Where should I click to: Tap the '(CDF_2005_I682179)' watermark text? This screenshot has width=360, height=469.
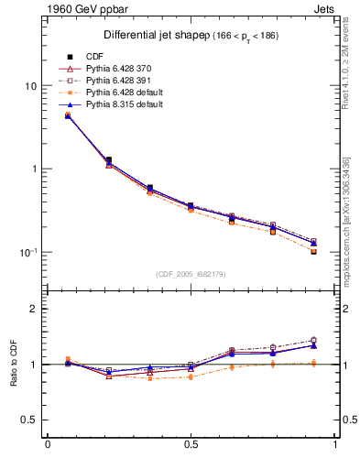pos(191,274)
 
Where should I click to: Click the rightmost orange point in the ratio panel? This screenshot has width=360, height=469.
pos(313,364)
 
